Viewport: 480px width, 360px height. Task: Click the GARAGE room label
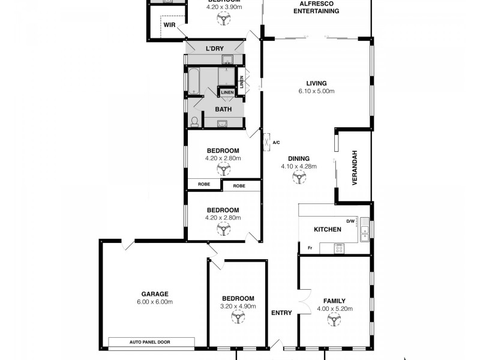coord(155,294)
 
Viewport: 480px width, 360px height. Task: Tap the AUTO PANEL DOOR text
coord(151,343)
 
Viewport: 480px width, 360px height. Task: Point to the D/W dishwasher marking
coord(351,220)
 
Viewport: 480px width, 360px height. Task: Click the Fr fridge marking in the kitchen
coord(310,248)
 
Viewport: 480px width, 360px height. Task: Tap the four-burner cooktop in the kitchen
coord(339,248)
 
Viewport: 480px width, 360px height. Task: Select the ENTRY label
coord(281,313)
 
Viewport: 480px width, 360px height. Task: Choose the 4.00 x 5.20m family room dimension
coord(335,309)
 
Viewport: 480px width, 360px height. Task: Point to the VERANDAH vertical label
coord(355,167)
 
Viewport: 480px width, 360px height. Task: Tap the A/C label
coord(276,143)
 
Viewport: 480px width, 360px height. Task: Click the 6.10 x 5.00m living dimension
coord(316,92)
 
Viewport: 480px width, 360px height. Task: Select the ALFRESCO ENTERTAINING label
coord(317,7)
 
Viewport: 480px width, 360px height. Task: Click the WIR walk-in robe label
coord(169,25)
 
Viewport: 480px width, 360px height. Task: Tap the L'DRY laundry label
coord(215,48)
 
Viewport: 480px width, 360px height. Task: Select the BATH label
coord(223,110)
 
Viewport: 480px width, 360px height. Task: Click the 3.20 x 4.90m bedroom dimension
coord(238,306)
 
